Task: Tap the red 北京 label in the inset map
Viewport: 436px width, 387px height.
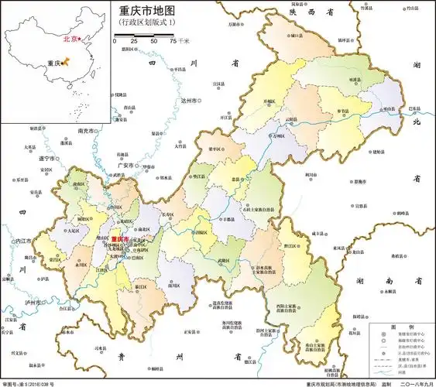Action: [x=70, y=37]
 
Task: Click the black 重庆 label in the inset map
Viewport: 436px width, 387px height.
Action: [x=52, y=63]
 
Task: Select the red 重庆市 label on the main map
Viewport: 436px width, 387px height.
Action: [x=122, y=240]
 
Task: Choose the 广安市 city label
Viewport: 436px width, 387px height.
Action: [x=125, y=165]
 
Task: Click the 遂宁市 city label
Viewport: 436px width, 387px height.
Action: [x=46, y=159]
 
